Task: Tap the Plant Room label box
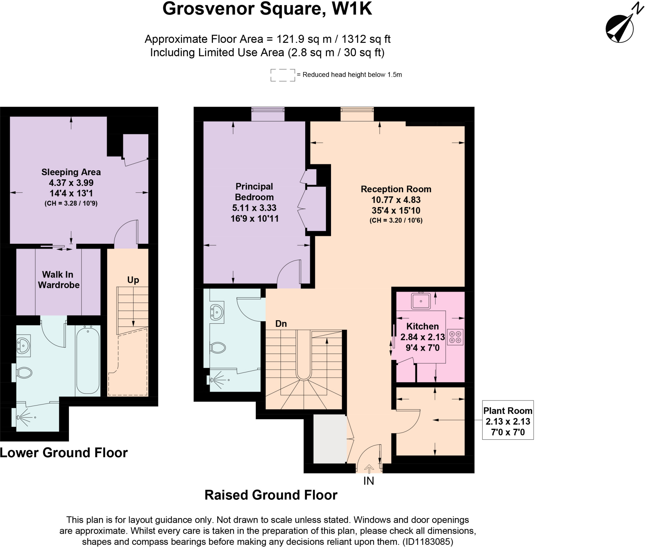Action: pyautogui.click(x=508, y=420)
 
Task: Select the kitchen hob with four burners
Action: pyautogui.click(x=455, y=337)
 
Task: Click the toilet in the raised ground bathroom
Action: pyautogui.click(x=218, y=348)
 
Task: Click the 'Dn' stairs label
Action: pyautogui.click(x=281, y=324)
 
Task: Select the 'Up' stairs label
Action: pyautogui.click(x=133, y=280)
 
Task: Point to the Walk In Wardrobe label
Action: pyautogui.click(x=59, y=280)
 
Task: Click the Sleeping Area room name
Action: pyautogui.click(x=71, y=172)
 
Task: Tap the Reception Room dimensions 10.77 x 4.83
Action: pyautogui.click(x=396, y=200)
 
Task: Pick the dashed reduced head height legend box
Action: pyautogui.click(x=283, y=75)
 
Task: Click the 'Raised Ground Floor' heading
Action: pyautogui.click(x=271, y=495)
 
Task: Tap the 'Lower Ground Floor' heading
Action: pyautogui.click(x=64, y=453)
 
